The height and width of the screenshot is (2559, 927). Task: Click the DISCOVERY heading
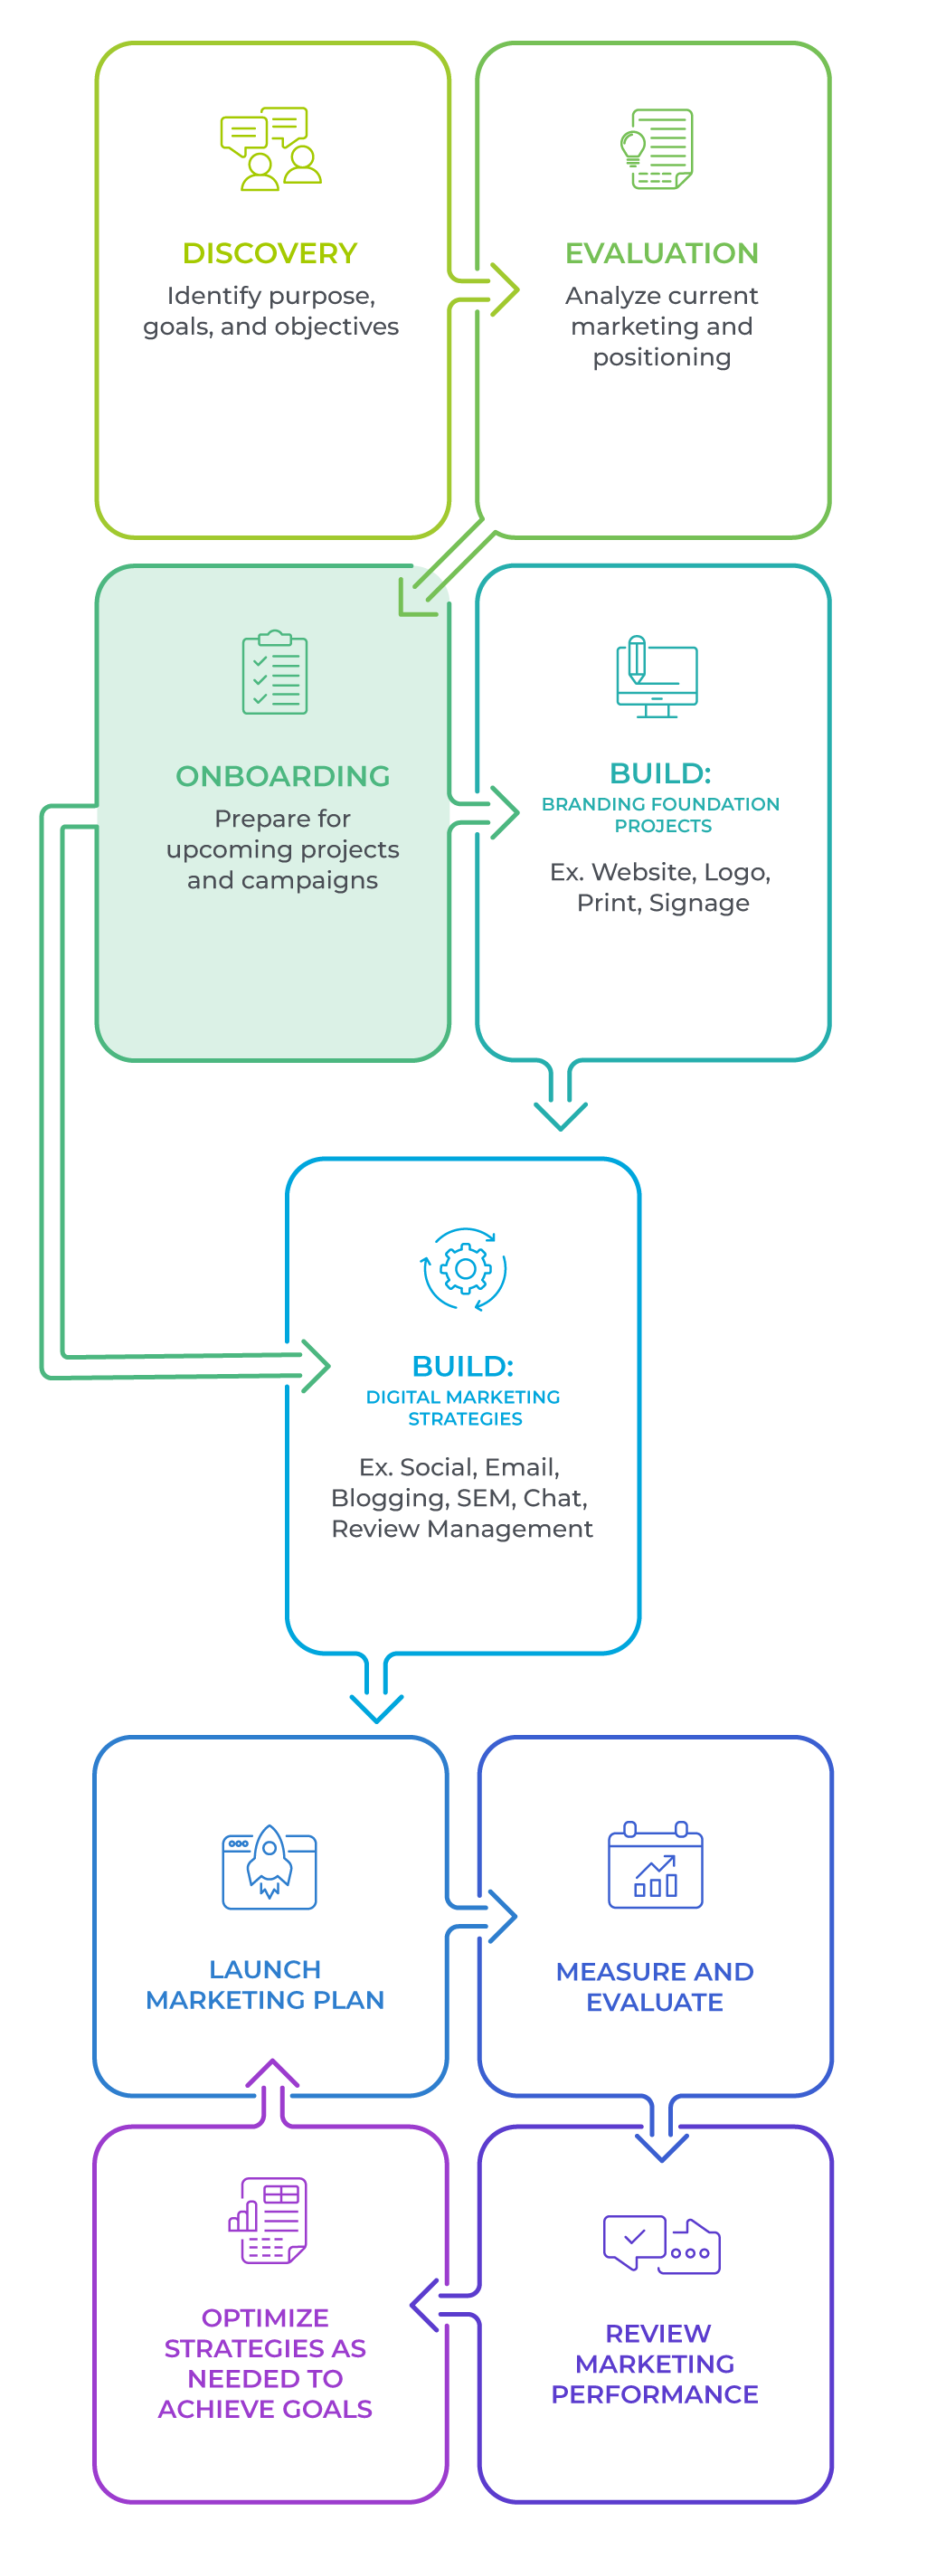coord(270,253)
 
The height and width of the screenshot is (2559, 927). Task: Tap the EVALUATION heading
coord(662,253)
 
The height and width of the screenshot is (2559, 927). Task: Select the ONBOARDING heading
coord(282,776)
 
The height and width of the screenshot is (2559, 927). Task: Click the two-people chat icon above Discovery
coord(271,149)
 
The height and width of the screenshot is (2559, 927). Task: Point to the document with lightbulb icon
coord(657,149)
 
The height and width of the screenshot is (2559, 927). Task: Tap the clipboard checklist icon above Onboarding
coord(275,672)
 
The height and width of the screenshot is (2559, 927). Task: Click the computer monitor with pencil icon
coord(657,677)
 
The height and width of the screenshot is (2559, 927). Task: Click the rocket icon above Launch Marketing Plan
coord(270,1864)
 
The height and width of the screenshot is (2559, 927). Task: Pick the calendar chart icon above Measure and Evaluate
coord(655,1864)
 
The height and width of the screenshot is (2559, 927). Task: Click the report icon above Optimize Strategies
coord(269,2222)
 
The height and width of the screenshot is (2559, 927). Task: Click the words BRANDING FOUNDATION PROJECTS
coord(661,815)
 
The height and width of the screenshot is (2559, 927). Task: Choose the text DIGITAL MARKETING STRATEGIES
coord(463,1407)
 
